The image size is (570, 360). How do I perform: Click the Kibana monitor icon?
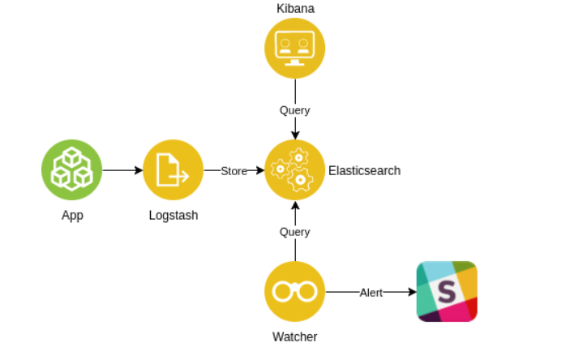click(x=294, y=48)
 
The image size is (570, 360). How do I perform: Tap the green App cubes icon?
click(x=71, y=169)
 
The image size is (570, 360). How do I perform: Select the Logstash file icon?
click(x=173, y=169)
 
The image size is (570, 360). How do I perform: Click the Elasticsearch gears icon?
click(x=294, y=169)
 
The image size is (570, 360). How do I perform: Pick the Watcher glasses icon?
click(x=294, y=291)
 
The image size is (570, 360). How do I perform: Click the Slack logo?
click(x=447, y=291)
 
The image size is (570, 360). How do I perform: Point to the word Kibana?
click(x=294, y=9)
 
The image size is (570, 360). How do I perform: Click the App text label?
click(x=72, y=216)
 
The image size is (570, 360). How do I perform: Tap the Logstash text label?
click(x=174, y=216)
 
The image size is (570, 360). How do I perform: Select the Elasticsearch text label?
click(x=364, y=171)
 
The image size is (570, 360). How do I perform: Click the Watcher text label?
click(x=294, y=336)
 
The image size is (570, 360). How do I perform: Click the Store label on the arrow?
click(x=234, y=171)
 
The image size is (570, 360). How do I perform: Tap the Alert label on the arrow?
click(x=371, y=292)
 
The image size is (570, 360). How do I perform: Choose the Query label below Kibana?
click(x=294, y=110)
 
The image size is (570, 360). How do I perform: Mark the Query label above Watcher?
click(x=294, y=232)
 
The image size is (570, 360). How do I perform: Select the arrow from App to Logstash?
click(x=122, y=170)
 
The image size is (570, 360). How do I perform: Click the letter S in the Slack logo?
click(x=447, y=292)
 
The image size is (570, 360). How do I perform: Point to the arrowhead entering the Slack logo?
click(x=411, y=292)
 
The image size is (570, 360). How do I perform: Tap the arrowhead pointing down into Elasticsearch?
click(x=294, y=134)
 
